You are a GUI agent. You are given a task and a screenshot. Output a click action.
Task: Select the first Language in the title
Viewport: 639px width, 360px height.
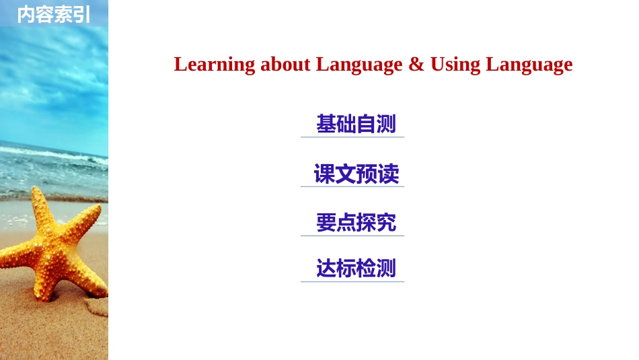pos(359,65)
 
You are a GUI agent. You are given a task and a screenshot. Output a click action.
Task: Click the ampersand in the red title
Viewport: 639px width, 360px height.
pos(416,65)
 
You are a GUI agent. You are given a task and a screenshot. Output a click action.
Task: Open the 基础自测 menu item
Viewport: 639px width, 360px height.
pos(356,124)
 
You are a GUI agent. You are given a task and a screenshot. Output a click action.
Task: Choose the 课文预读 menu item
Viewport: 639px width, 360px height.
pos(356,174)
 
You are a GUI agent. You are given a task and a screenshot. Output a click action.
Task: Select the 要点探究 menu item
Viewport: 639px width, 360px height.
pos(356,222)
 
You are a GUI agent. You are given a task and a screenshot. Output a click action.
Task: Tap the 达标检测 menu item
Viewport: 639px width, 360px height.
pos(356,268)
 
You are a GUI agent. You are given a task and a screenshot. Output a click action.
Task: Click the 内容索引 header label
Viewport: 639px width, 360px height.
pos(53,14)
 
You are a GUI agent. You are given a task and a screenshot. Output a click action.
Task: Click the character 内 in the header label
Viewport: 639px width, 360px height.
pos(26,14)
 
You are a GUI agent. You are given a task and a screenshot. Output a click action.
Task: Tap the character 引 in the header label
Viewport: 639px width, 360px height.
pos(81,14)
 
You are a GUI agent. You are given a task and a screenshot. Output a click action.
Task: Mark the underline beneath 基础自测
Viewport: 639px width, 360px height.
pos(352,137)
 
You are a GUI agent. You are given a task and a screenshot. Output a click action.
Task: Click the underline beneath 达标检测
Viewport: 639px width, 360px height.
pos(352,282)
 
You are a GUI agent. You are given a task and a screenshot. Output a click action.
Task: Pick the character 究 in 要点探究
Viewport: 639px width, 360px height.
pos(386,222)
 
